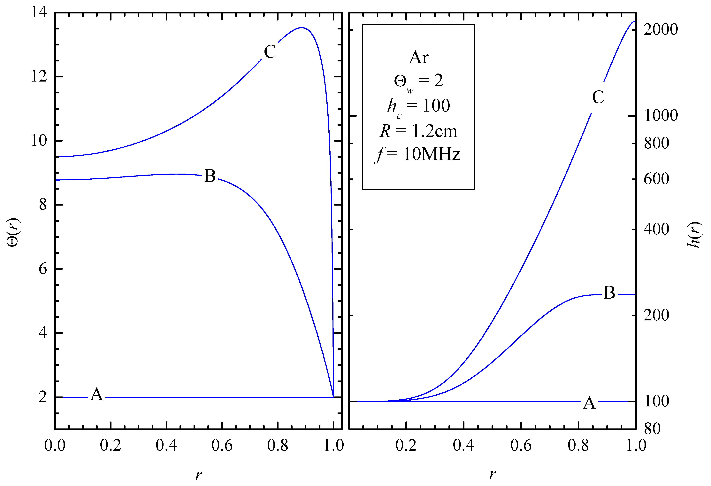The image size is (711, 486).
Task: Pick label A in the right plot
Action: click(589, 403)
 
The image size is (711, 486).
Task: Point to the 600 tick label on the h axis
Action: click(656, 179)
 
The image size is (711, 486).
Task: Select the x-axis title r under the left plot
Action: click(198, 475)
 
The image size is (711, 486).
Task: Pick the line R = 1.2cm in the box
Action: click(418, 131)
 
